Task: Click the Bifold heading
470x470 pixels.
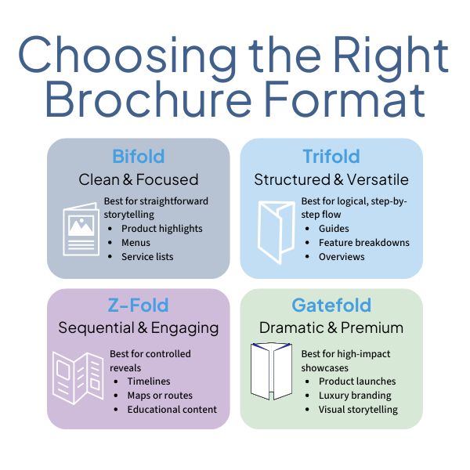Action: (138, 156)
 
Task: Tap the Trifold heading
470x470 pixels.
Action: (331, 156)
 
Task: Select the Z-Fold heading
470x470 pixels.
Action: (138, 305)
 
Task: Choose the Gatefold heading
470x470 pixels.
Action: (331, 305)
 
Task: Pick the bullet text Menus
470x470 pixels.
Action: (136, 243)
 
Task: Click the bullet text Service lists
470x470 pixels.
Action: (147, 257)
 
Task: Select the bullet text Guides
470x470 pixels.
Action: (334, 229)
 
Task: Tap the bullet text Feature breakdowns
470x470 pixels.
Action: (363, 243)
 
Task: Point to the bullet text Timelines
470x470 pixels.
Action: (149, 381)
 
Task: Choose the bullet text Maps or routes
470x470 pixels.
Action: (160, 396)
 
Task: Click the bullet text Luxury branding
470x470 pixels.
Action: (356, 396)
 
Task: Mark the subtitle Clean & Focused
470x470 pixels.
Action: (138, 179)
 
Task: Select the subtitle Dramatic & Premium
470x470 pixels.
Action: (331, 327)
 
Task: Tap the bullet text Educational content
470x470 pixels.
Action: (172, 410)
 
